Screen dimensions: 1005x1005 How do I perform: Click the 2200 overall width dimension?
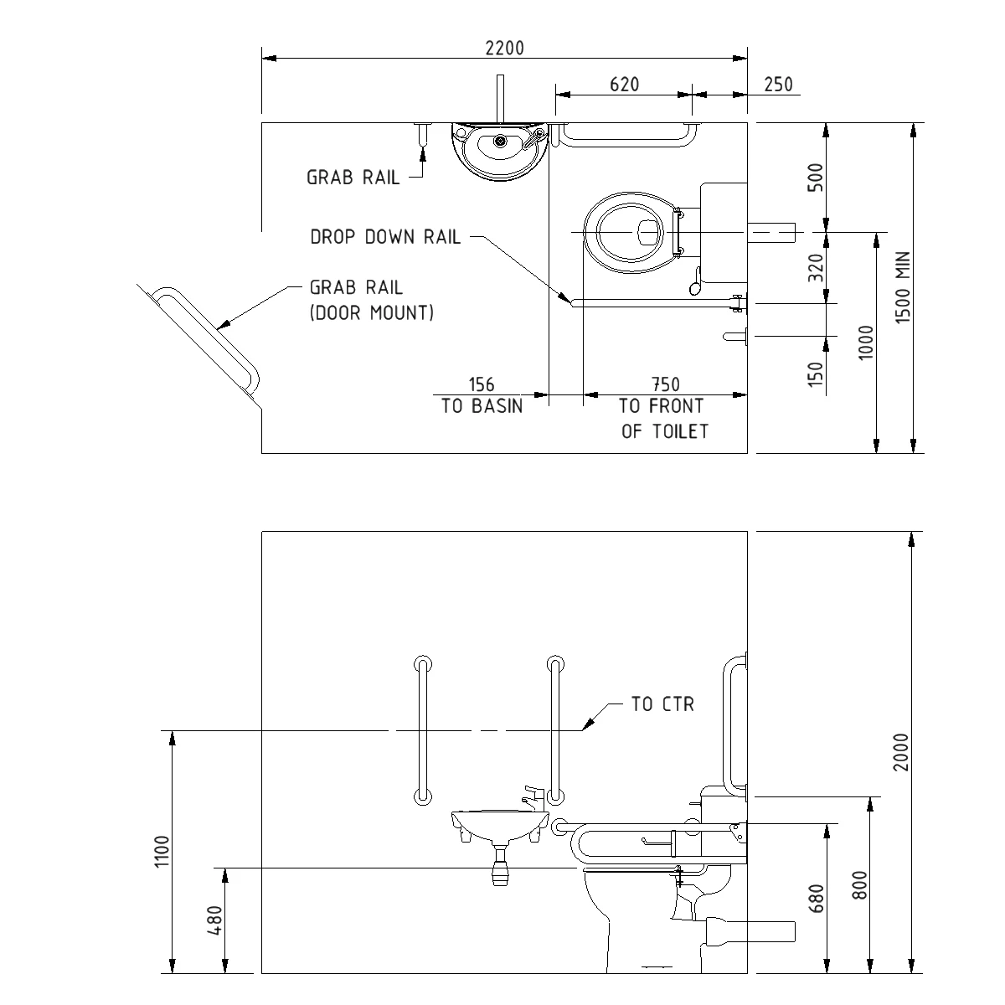pos(504,48)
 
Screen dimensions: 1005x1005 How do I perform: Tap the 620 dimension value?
pos(624,84)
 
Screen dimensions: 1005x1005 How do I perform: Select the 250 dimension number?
pos(778,84)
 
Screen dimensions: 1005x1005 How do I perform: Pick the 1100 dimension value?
pos(162,852)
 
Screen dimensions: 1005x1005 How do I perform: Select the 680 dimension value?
pos(818,899)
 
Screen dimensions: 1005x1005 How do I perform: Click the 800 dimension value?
pos(858,884)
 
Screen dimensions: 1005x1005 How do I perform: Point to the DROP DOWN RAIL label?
pos(385,237)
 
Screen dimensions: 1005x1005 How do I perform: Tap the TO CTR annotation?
pos(662,704)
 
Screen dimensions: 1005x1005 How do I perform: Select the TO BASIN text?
pos(482,406)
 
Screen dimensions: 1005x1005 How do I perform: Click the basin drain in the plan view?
pos(500,141)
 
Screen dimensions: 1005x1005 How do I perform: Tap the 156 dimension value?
pos(482,384)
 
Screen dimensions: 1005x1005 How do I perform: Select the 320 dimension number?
pos(818,267)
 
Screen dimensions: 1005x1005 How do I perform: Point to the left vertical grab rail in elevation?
pos(422,729)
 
